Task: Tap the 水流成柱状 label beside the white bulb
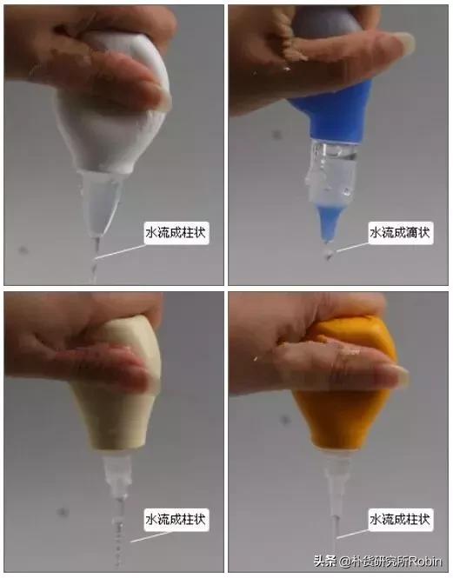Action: (177, 232)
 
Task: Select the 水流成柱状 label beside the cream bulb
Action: (177, 519)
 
